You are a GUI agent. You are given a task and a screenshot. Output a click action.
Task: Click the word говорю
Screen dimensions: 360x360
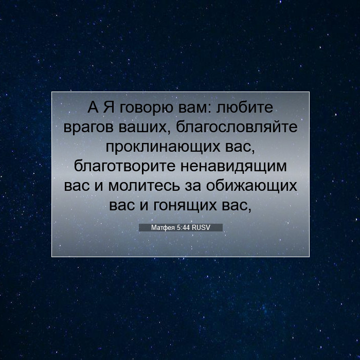(146, 109)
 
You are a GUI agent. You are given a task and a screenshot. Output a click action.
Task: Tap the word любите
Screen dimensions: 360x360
(244, 107)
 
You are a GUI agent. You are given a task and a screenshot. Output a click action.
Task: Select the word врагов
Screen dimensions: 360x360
(88, 128)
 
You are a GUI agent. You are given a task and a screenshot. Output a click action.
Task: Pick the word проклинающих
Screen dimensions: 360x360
(163, 147)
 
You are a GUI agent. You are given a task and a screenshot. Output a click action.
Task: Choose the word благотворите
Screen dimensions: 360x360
(124, 166)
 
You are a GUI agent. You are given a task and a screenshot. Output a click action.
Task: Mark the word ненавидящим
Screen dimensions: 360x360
(233, 167)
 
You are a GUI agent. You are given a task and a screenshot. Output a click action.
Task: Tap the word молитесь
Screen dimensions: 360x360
(144, 186)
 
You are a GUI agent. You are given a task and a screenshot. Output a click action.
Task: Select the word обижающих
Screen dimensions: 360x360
(251, 186)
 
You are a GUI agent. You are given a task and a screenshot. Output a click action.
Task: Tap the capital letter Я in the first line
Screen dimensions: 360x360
(109, 107)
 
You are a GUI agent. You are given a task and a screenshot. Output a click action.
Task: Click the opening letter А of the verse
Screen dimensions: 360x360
(93, 107)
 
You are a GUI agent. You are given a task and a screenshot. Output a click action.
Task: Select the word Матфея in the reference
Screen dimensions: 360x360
(163, 228)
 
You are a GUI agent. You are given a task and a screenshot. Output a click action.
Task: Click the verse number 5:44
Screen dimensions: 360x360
(184, 227)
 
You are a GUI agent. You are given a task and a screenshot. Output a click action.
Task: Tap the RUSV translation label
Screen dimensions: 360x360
(201, 227)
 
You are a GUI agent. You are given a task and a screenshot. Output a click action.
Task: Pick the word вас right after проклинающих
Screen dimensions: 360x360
(240, 147)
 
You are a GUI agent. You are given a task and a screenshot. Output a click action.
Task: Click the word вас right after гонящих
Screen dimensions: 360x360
(237, 206)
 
